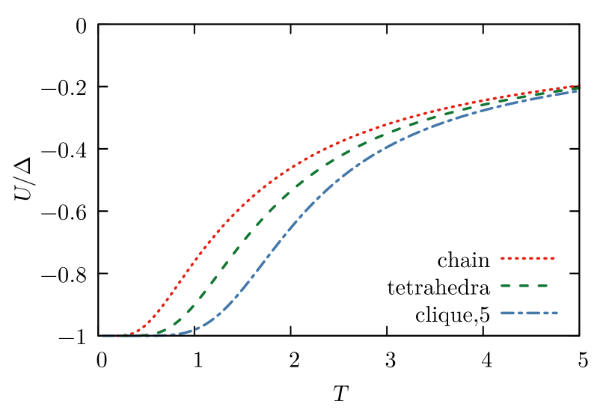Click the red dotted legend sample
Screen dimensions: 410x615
pos(527,258)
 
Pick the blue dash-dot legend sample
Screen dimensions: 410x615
pos(528,313)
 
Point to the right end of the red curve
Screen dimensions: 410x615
pos(578,86)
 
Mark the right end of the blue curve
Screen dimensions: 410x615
pos(577,91)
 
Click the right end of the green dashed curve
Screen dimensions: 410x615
pos(578,88)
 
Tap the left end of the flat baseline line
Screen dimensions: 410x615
pos(102,336)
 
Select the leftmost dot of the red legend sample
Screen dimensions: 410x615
pos(502,258)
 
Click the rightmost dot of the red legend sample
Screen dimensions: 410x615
pos(553,258)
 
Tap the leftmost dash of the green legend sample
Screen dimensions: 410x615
pos(506,286)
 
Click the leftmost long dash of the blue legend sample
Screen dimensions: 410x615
pos(509,313)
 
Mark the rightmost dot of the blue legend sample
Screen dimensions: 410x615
pos(556,313)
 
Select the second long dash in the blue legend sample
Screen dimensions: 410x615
pos(538,313)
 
